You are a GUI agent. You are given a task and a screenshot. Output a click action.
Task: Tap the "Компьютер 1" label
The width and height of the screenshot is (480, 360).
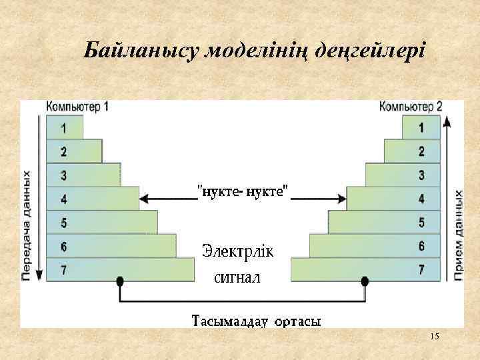(x=77, y=106)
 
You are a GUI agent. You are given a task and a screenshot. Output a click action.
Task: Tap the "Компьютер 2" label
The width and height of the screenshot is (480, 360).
(x=411, y=106)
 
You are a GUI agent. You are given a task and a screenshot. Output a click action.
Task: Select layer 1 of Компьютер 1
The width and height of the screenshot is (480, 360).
(x=64, y=127)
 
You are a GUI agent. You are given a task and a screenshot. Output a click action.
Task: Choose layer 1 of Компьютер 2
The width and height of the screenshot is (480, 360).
(x=421, y=127)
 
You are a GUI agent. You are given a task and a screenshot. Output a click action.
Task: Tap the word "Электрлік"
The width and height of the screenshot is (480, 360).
(x=242, y=252)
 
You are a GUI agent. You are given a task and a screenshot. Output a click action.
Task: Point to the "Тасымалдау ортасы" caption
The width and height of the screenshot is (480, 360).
(x=257, y=321)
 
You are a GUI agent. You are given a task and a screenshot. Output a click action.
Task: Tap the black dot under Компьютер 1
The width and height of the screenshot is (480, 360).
(x=120, y=282)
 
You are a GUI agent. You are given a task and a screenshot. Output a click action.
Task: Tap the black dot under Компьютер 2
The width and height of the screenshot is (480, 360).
(x=365, y=282)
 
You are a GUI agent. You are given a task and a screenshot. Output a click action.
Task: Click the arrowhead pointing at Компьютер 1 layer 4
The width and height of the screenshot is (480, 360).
(x=145, y=198)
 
